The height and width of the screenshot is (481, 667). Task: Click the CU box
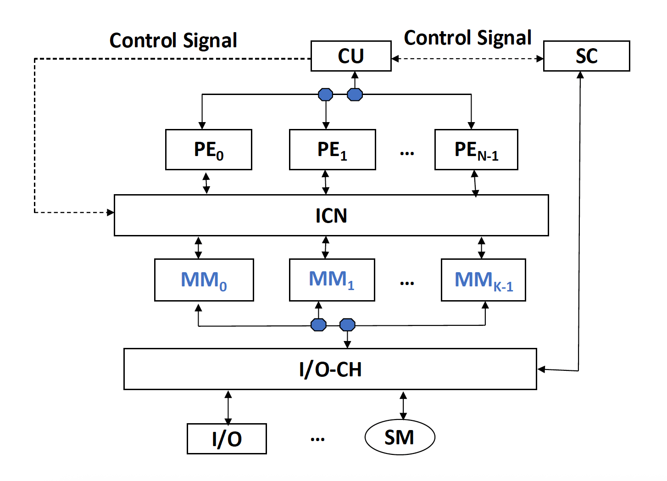[x=351, y=56]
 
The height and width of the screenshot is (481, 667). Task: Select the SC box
[x=586, y=56]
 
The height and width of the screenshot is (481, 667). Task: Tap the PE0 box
[x=209, y=150]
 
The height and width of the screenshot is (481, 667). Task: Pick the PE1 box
[x=332, y=150]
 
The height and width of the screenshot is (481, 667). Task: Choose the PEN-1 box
[x=476, y=150]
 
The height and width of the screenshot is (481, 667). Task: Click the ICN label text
[x=331, y=216]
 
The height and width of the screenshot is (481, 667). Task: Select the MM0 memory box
[x=204, y=280]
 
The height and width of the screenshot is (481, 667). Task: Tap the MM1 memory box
[x=332, y=280]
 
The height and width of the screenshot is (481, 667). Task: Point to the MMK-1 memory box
[x=483, y=280]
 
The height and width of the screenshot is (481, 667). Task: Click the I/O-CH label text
[x=330, y=369]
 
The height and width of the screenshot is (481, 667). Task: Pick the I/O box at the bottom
[x=227, y=439]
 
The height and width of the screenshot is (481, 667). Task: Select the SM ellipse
[x=400, y=437]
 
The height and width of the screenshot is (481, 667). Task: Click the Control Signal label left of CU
[x=173, y=40]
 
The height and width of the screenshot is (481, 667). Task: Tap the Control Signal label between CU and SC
[x=467, y=38]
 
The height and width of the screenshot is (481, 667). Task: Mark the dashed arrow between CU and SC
[x=467, y=59]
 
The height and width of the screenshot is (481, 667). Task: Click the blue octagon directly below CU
[x=355, y=95]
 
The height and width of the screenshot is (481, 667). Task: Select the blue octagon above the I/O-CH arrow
[x=347, y=325]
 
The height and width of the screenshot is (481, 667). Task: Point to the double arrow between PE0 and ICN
[x=206, y=183]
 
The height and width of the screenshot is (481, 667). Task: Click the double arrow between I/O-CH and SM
[x=403, y=405]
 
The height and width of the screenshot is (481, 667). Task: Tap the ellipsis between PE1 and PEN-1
[x=407, y=153]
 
